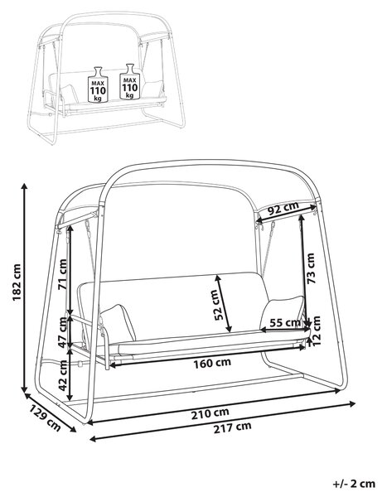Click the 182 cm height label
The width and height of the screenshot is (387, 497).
pos(16,282)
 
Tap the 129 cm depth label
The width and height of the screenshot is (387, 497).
pos(45,417)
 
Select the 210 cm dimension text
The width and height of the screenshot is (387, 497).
pos(210,413)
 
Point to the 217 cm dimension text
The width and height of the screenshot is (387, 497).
pos(232,427)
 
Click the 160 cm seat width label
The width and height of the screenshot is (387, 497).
pos(212,363)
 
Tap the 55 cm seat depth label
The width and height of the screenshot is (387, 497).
pos(285,323)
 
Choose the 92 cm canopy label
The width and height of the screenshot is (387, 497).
pos(283,208)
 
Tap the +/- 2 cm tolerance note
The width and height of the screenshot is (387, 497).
pos(354,484)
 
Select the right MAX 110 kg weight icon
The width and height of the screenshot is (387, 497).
pos(129,81)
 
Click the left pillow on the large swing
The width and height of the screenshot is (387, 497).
pos(118,323)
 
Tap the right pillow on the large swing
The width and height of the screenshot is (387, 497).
pos(282,312)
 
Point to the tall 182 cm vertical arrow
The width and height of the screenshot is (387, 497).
pos(24,287)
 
